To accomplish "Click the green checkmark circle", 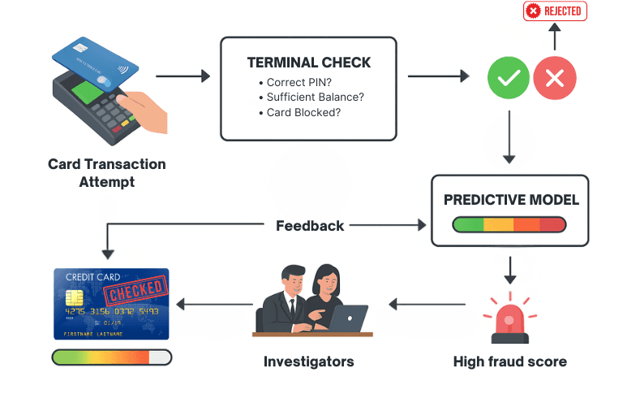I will (509, 79).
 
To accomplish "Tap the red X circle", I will (555, 79).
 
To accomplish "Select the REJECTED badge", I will (555, 11).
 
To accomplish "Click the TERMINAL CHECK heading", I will (309, 63).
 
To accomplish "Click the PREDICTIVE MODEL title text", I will (511, 199).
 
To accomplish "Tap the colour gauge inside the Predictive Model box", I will (509, 224).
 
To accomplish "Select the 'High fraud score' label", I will (509, 362).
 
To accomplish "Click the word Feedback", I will (310, 225).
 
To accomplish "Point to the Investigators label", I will (308, 362).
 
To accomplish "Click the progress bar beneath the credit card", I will (111, 357).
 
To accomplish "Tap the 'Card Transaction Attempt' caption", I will (106, 172).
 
